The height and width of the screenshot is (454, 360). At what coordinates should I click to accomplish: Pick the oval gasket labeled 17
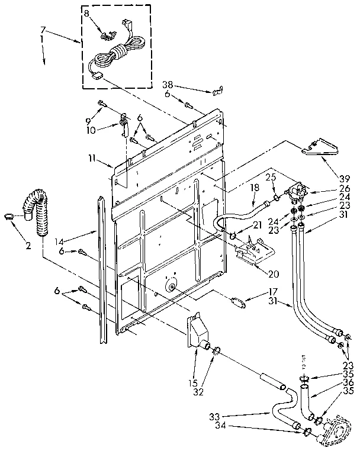(239, 301)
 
